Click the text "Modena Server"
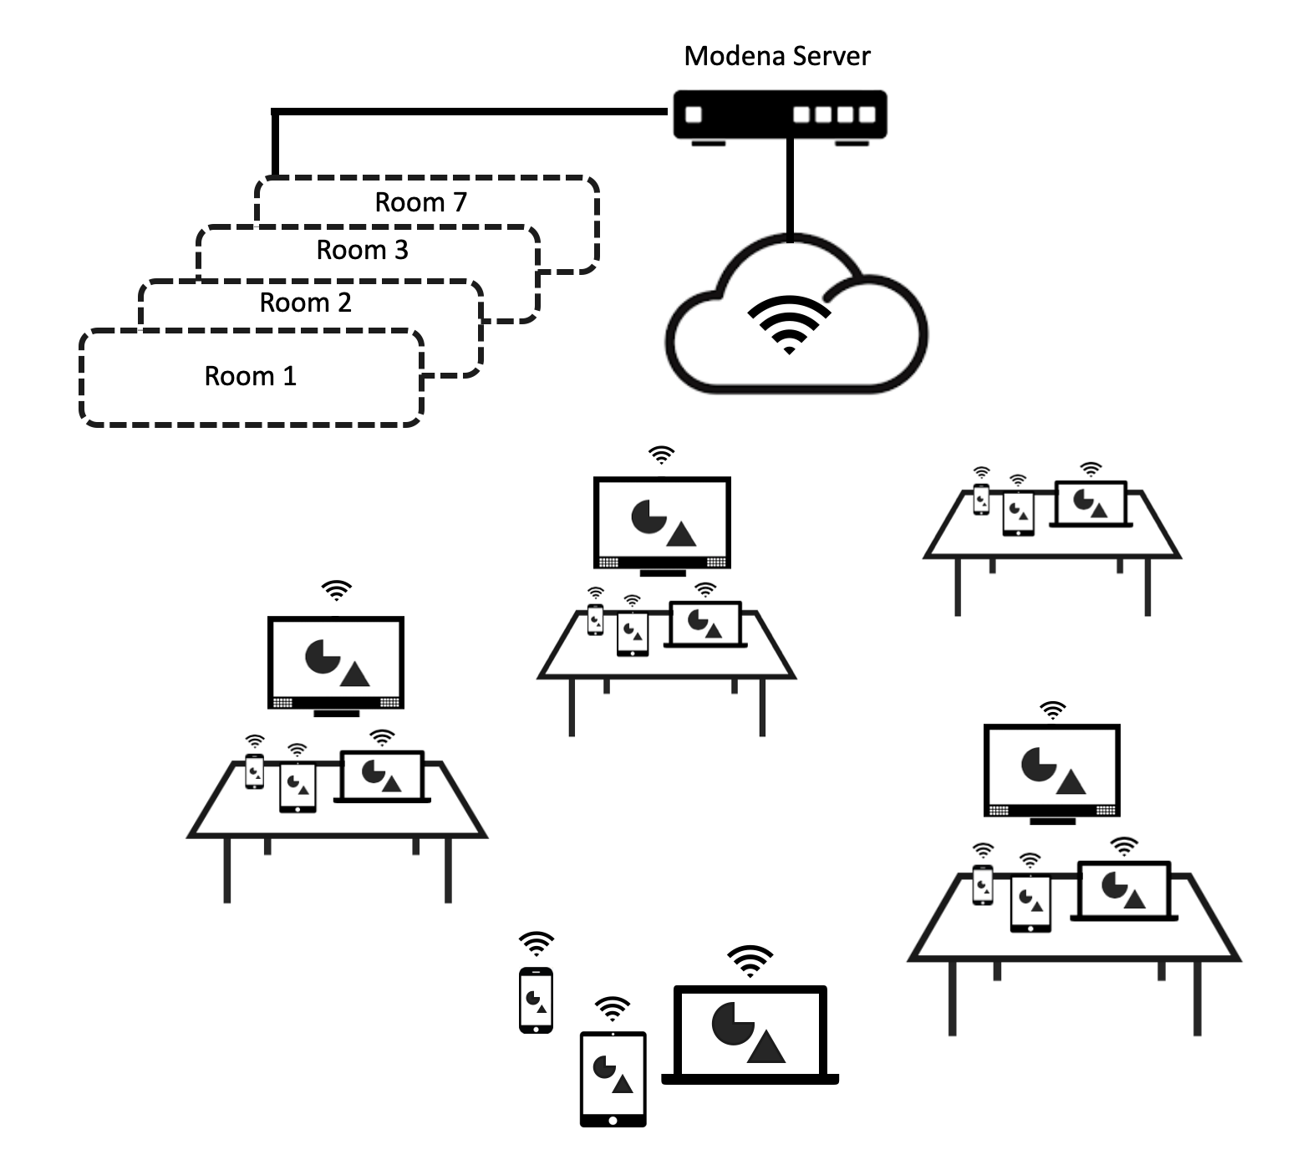pyautogui.click(x=776, y=57)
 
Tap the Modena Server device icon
pyautogui.click(x=779, y=114)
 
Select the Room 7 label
pyautogui.click(x=420, y=202)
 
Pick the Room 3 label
pyautogui.click(x=362, y=250)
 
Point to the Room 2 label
pyautogui.click(x=305, y=303)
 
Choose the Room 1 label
pyautogui.click(x=250, y=376)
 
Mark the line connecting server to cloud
pyautogui.click(x=789, y=188)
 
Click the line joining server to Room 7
pyautogui.click(x=468, y=110)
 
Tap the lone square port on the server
pyautogui.click(x=694, y=114)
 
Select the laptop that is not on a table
pyautogui.click(x=750, y=1036)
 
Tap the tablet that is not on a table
pyautogui.click(x=613, y=1079)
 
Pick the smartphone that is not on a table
pyautogui.click(x=536, y=1000)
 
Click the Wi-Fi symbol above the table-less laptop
pyautogui.click(x=750, y=960)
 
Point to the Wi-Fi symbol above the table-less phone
pyautogui.click(x=536, y=944)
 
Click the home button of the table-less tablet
pyautogui.click(x=613, y=1120)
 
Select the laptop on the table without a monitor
pyautogui.click(x=1091, y=504)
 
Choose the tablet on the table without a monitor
pyautogui.click(x=1018, y=514)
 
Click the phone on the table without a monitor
pyautogui.click(x=982, y=499)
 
